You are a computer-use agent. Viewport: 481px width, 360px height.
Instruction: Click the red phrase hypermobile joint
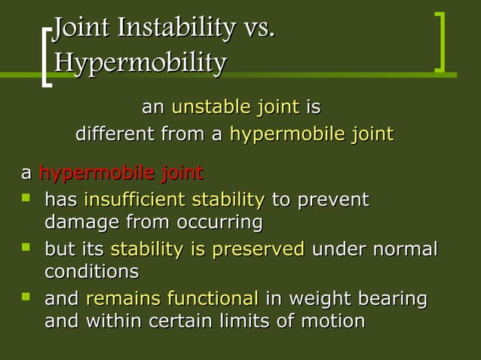pyautogui.click(x=121, y=174)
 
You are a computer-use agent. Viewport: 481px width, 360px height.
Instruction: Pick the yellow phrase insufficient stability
pyautogui.click(x=174, y=200)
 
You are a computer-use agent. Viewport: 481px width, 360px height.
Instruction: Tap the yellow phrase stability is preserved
pyautogui.click(x=207, y=249)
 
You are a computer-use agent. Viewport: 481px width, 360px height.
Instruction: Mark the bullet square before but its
pyautogui.click(x=28, y=249)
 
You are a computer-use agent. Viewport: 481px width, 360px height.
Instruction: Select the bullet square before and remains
pyautogui.click(x=28, y=298)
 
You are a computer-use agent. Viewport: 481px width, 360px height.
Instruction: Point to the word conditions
pyautogui.click(x=91, y=271)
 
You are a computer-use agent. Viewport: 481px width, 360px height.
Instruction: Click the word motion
pyautogui.click(x=328, y=321)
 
